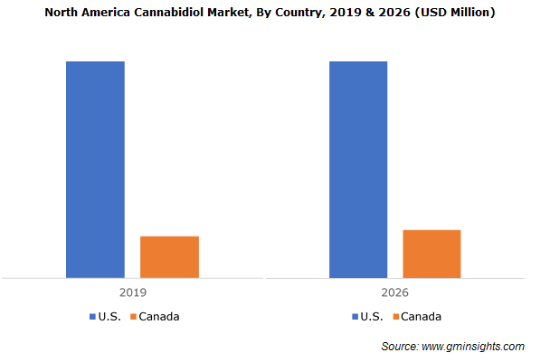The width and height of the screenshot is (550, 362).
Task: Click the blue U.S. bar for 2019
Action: [x=95, y=169]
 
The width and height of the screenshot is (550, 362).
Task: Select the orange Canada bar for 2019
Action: [x=169, y=256]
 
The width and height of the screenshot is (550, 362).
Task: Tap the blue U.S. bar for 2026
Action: [x=358, y=169]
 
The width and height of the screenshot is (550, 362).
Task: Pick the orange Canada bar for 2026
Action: [x=431, y=254]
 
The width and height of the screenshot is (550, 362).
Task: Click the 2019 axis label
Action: [x=132, y=293]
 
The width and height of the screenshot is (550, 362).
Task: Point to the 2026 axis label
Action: [x=394, y=293]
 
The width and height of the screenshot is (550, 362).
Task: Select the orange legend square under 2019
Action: [x=133, y=317]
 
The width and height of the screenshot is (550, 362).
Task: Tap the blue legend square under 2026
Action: [x=354, y=317]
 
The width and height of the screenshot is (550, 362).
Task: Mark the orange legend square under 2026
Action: [x=395, y=317]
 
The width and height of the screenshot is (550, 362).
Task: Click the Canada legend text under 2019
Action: [x=159, y=317]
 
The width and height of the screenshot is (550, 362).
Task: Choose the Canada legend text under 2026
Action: [x=422, y=317]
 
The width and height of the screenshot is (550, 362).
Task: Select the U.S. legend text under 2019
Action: [x=109, y=317]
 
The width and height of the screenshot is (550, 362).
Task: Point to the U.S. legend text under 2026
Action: [x=372, y=317]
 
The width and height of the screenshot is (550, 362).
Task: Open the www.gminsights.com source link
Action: [x=473, y=347]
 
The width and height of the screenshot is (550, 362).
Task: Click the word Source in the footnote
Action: [x=399, y=347]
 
